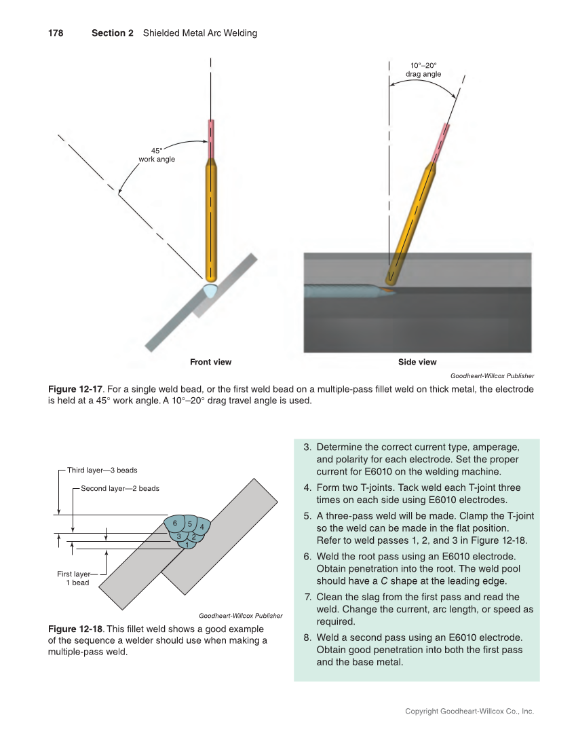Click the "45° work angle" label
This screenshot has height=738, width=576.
(156, 155)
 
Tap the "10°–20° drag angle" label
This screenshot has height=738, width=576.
(423, 70)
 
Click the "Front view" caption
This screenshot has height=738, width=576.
(210, 362)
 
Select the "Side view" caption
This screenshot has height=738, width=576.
(417, 362)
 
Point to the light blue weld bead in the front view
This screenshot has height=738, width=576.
(211, 291)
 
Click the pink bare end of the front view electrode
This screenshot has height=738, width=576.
(211, 139)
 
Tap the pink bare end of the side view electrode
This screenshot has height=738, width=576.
(442, 143)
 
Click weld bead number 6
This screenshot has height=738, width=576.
(175, 523)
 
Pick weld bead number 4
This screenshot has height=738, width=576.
(202, 527)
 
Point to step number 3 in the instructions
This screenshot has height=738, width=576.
(306, 447)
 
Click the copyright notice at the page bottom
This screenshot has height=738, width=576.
(469, 712)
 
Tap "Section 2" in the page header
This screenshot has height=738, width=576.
(113, 33)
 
